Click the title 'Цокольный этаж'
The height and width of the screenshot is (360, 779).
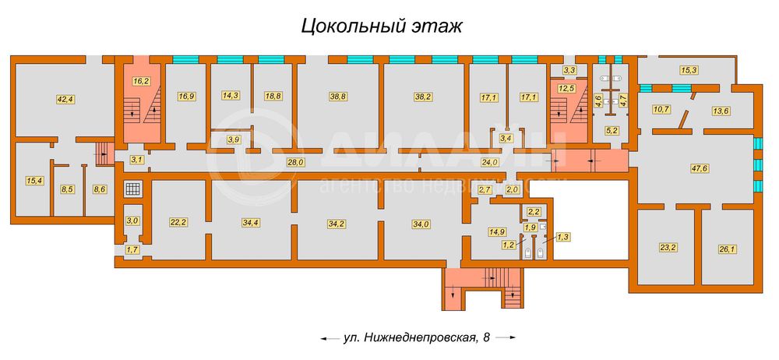(382, 26)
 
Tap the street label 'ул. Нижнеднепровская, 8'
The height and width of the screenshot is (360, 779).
(417, 337)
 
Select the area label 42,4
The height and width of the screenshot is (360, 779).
(65, 99)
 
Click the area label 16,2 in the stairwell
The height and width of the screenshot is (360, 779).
(141, 79)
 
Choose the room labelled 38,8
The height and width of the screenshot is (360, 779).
(337, 97)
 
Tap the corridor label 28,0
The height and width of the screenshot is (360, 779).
(295, 162)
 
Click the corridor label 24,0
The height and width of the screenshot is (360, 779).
(488, 162)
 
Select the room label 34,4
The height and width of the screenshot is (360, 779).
(251, 223)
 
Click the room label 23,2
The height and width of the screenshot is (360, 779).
(668, 249)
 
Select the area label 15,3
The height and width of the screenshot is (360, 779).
(689, 70)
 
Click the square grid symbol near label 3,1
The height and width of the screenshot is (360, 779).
(133, 189)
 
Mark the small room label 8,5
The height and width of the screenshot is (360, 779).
(66, 189)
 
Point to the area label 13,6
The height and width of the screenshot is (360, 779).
(721, 110)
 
